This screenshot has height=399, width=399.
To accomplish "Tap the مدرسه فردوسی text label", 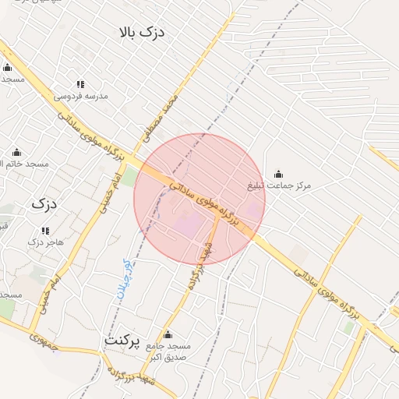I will [80, 97].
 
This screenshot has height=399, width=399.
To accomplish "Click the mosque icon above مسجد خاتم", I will [17, 151].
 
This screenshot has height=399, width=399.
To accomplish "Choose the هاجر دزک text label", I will [44, 242].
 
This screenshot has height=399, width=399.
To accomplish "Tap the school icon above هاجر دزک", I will [44, 231].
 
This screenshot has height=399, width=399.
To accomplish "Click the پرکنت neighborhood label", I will [125, 341].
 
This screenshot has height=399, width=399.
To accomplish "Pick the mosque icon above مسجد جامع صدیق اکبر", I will [168, 334].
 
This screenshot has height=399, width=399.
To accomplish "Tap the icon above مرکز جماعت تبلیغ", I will [278, 174].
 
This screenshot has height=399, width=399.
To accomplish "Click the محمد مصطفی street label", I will [161, 117].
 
